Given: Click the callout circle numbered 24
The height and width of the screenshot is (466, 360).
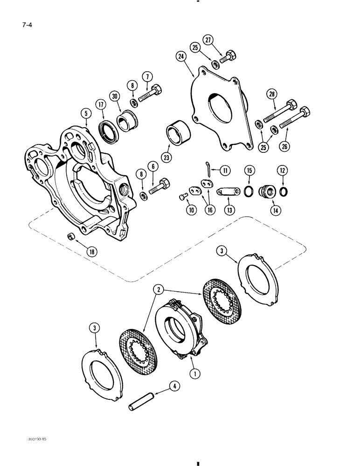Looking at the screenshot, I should pos(181,57).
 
